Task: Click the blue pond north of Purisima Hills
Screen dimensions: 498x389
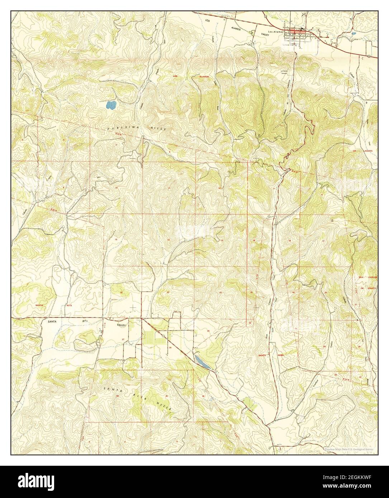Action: pos(111,105)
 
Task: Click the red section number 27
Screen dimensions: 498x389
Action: pos(123,339)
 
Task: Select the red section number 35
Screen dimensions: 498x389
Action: pos(167,396)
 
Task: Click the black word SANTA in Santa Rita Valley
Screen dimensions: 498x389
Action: pos(54,322)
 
